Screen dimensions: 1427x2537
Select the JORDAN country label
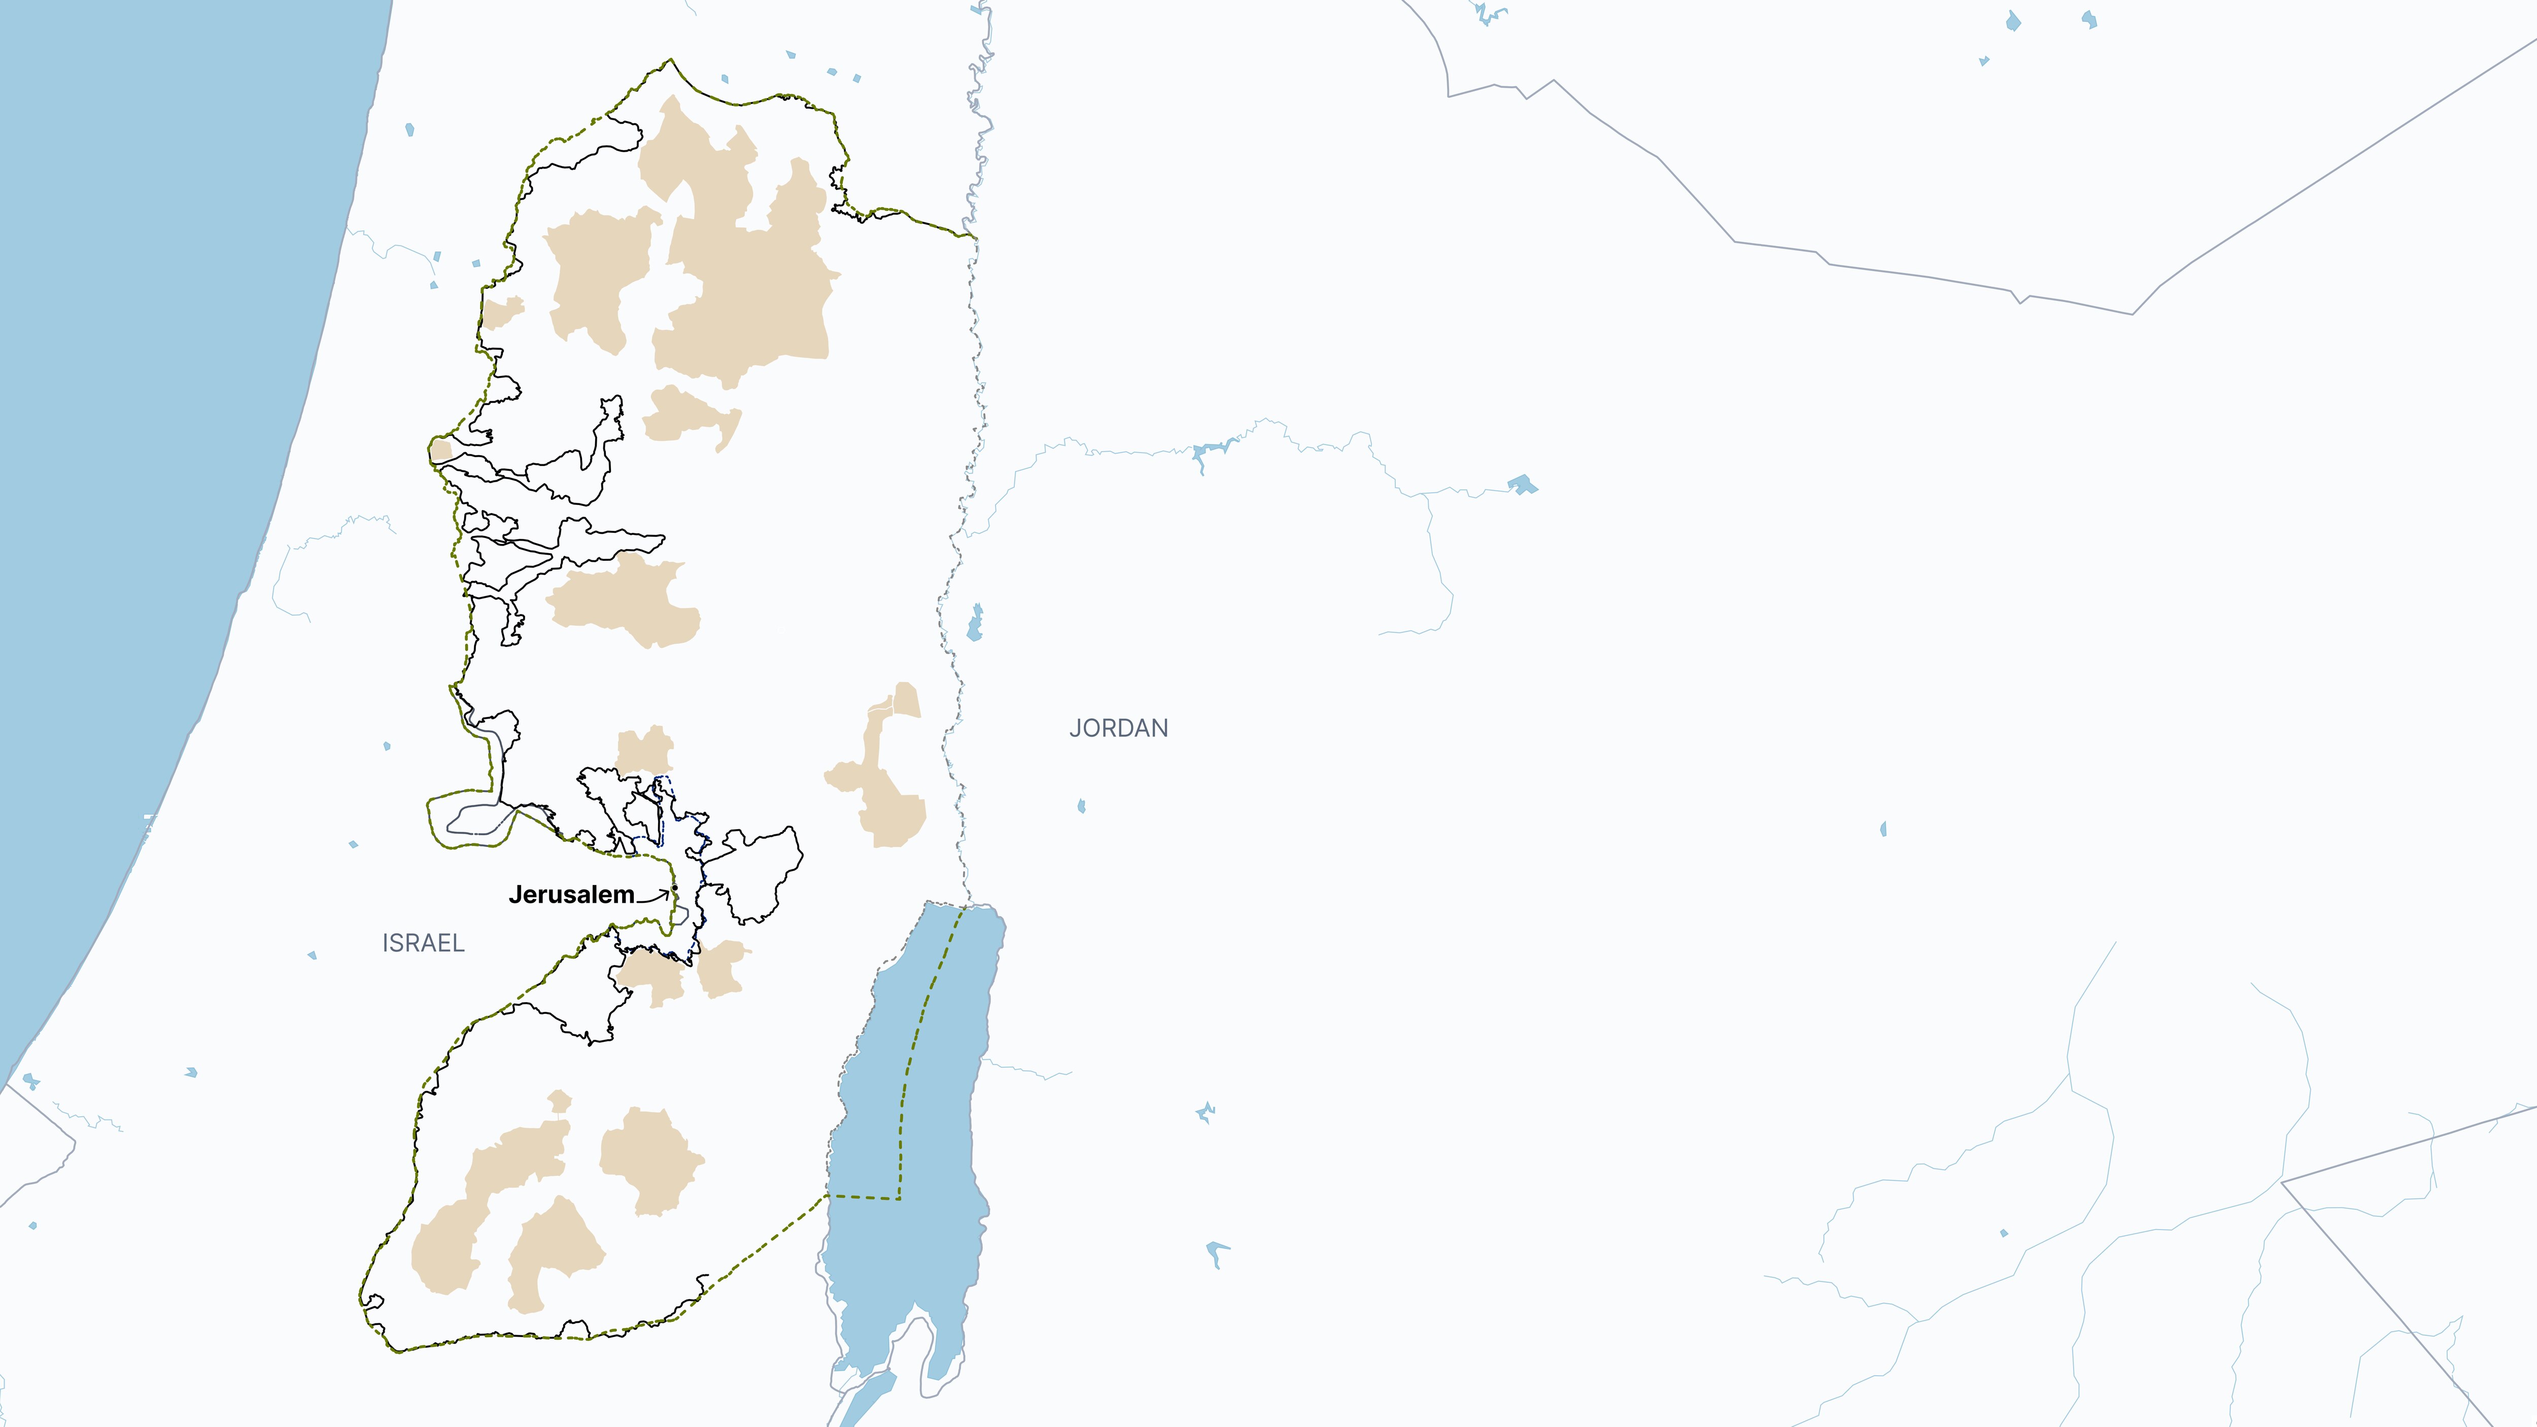pyautogui.click(x=1119, y=729)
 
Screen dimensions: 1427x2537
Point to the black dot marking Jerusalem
pyautogui.click(x=675, y=888)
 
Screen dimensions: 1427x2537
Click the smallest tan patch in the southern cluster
pyautogui.click(x=559, y=1101)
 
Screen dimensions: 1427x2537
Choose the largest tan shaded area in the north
pyautogui.click(x=748, y=276)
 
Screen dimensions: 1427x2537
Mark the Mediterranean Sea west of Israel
pyautogui.click(x=148, y=394)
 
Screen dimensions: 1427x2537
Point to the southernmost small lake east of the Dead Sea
pyautogui.click(x=1217, y=1253)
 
